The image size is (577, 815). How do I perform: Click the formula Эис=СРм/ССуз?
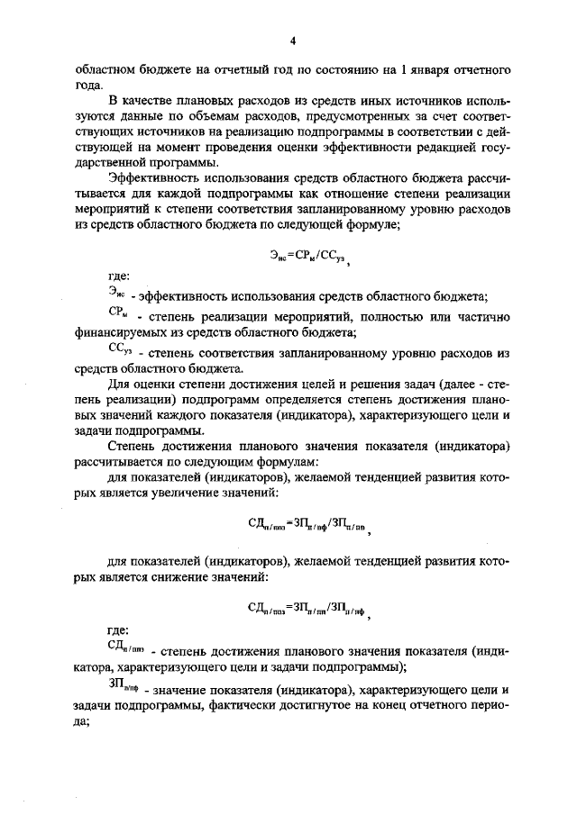coord(293,257)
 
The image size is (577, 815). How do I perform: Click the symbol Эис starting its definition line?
coord(116,294)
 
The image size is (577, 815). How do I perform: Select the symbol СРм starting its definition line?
coord(116,314)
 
